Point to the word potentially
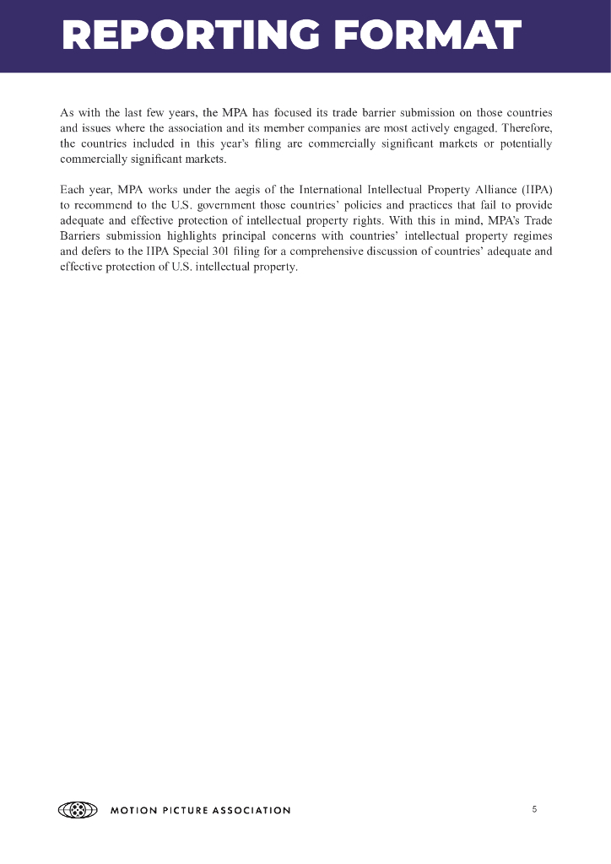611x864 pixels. point(523,144)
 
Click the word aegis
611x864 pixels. point(242,186)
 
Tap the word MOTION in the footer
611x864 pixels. point(133,811)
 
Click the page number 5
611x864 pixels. point(534,810)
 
